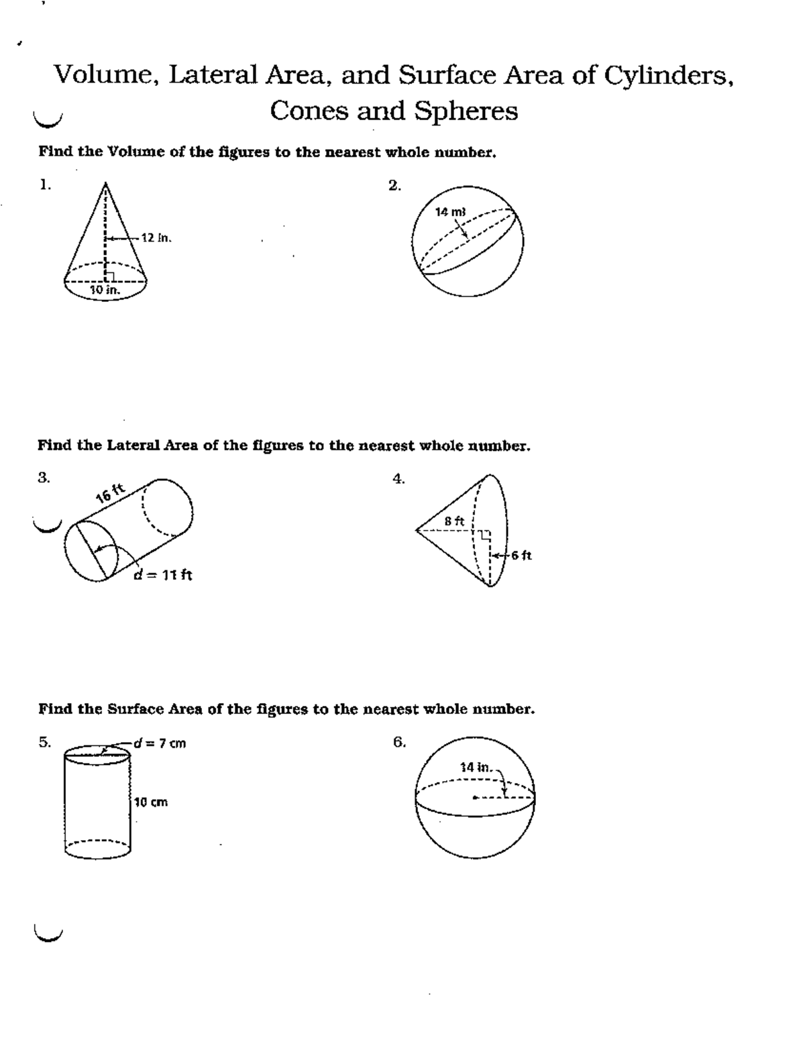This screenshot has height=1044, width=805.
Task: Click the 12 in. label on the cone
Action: (156, 238)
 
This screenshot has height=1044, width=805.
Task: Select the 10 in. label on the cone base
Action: (105, 290)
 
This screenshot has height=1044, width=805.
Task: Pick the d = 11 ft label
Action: (163, 575)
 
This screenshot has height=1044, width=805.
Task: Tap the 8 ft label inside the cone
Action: (455, 521)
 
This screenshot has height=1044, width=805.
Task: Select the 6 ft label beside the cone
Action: (521, 556)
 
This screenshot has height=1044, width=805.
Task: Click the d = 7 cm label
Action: (160, 743)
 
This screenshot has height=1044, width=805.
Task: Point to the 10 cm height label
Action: (151, 802)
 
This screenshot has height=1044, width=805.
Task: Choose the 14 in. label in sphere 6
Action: (476, 767)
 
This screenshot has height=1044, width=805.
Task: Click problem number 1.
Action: (44, 185)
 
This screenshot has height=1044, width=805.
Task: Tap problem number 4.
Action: (398, 478)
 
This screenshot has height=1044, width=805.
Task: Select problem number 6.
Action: (400, 742)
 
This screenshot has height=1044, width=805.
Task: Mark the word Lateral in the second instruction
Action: (131, 446)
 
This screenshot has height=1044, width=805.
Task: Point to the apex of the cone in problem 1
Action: (105, 183)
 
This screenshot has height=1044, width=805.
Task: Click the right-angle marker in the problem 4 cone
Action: (486, 535)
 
